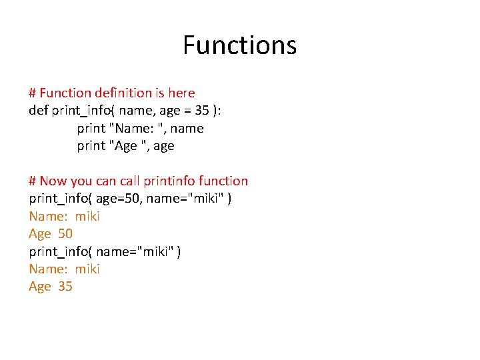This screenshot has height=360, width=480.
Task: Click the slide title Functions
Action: tap(239, 45)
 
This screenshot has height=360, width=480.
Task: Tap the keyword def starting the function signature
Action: tap(39, 111)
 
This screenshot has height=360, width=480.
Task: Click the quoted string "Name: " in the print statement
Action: tap(137, 128)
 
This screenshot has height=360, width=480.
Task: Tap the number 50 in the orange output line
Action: tap(65, 233)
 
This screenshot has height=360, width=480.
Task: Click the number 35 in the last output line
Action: tap(65, 286)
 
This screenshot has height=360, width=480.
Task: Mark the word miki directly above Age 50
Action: tap(87, 216)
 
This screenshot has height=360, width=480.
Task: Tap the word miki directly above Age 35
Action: tap(87, 269)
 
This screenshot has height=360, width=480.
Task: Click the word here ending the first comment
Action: tap(181, 93)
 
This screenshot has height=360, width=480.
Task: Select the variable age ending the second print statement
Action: tap(163, 145)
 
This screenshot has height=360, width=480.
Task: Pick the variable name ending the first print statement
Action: tap(187, 128)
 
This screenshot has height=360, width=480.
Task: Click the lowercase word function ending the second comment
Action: tap(223, 181)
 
